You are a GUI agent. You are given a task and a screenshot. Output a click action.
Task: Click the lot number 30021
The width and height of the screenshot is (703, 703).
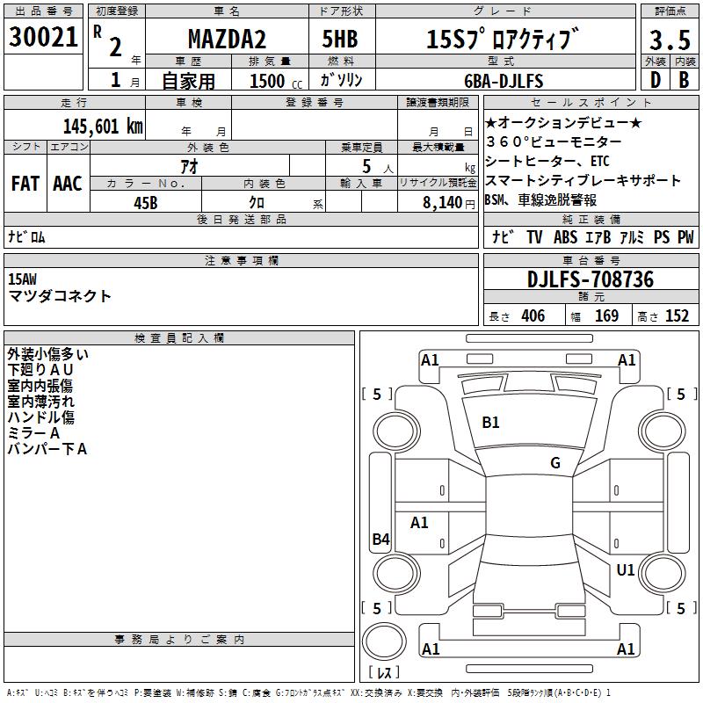(x=43, y=37)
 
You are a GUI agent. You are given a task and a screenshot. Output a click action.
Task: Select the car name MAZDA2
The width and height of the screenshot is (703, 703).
(x=227, y=39)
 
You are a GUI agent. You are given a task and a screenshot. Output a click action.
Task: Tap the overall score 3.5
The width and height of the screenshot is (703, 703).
(x=670, y=40)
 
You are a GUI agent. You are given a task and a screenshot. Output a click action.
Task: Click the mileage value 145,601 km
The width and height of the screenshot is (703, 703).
(x=103, y=127)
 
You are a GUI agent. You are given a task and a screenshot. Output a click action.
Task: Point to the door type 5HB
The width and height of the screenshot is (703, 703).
(x=340, y=39)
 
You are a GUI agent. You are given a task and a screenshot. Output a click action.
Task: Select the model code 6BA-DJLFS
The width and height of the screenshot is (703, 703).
(x=504, y=81)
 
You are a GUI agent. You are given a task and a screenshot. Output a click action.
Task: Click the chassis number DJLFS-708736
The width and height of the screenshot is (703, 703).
(x=591, y=279)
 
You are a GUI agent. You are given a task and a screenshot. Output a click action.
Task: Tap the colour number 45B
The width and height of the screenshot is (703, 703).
(x=146, y=203)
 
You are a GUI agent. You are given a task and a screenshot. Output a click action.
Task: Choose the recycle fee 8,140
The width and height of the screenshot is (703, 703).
(x=443, y=203)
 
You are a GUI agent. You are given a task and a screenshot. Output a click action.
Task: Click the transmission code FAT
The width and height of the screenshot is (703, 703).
(x=25, y=184)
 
